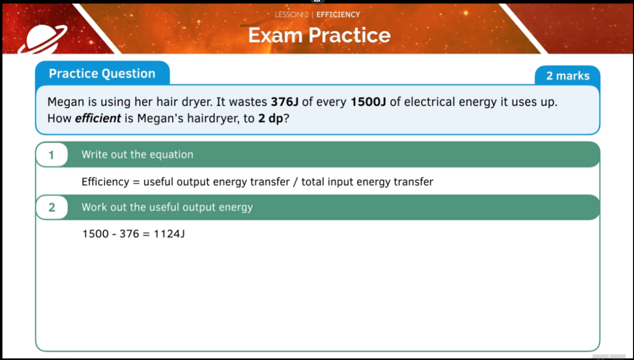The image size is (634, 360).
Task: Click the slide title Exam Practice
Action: click(x=319, y=35)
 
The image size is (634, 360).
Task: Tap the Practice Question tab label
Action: click(x=102, y=74)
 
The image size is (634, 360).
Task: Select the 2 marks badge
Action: click(x=568, y=76)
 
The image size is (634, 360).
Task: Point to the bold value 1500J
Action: click(x=368, y=103)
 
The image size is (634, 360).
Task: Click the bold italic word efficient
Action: click(x=98, y=119)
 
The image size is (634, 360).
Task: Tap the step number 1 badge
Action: click(x=52, y=155)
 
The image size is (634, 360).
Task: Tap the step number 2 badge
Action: click(x=52, y=207)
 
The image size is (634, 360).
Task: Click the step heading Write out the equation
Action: click(x=137, y=154)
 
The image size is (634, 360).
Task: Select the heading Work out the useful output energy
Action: click(x=167, y=207)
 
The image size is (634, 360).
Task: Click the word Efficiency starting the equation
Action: click(x=105, y=182)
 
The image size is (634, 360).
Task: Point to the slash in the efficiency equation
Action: click(x=295, y=182)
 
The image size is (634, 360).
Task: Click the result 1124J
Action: click(x=169, y=234)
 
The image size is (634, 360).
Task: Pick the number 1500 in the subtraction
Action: click(x=95, y=234)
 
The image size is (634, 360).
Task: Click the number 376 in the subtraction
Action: click(x=129, y=234)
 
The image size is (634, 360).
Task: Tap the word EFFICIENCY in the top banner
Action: click(x=338, y=14)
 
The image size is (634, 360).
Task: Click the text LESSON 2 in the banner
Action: click(x=291, y=14)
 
